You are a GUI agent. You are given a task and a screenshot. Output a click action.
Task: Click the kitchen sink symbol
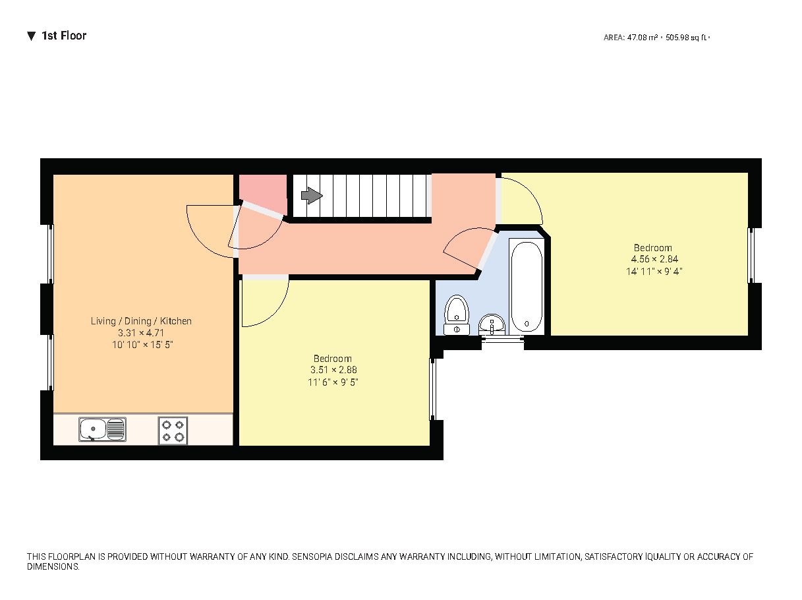[x=102, y=430]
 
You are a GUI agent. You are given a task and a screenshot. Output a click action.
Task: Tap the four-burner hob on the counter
[x=173, y=430]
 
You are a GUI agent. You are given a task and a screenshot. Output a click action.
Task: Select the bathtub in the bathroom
[x=527, y=287]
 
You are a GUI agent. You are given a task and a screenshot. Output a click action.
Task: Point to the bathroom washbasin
[x=492, y=324]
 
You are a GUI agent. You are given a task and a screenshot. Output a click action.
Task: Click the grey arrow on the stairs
[x=311, y=196]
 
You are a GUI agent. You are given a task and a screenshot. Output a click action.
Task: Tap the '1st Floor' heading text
[x=64, y=36]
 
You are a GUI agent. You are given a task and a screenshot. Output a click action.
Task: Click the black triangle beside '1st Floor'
[x=31, y=36]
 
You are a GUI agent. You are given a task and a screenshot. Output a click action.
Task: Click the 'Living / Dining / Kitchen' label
[x=141, y=321]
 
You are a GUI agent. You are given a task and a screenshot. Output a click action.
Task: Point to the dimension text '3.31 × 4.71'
[x=141, y=333]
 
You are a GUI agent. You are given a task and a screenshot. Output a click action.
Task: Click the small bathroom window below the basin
[x=503, y=340]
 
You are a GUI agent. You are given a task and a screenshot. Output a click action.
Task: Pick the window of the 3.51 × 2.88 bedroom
[x=432, y=389]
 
